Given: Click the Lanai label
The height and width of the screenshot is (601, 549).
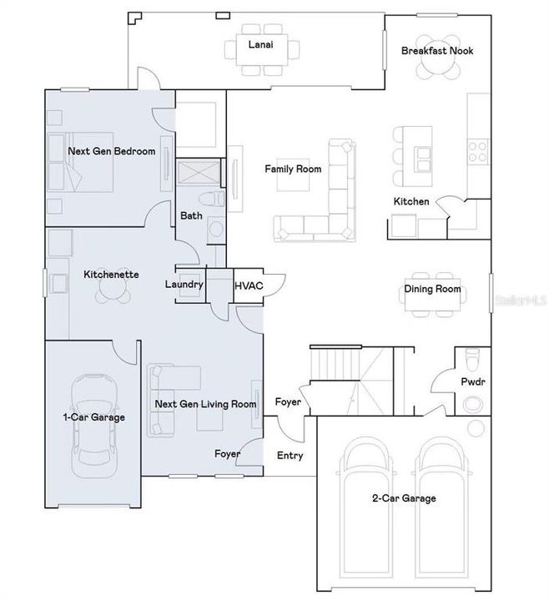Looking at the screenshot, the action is tap(260, 44).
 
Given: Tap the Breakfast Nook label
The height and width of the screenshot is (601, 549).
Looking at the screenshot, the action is tap(437, 51).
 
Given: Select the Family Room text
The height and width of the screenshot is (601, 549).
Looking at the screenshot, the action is tap(293, 169).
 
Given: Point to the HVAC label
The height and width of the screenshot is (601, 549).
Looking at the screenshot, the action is tap(249, 285).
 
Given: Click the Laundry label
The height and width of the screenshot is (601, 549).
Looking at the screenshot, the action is tap(184, 285).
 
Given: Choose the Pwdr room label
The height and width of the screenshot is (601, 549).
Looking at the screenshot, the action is tap(473, 381).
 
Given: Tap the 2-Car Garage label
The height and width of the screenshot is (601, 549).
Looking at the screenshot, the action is tap(404, 498).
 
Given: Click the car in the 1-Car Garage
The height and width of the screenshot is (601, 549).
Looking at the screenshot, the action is tap(94, 426).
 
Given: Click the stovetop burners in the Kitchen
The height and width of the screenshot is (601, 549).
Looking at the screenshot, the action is tap(478, 151).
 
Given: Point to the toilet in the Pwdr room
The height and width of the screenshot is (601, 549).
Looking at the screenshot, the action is tap(472, 357).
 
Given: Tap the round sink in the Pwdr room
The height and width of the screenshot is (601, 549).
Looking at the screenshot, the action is tap(473, 404).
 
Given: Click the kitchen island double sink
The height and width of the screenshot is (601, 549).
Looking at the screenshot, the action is tap(422, 159).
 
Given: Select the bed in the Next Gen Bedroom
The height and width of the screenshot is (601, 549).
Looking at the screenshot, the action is tap(80, 162).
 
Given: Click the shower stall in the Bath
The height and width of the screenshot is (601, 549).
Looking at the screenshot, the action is tap(199, 171).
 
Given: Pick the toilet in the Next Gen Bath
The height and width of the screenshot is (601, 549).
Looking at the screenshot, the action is tap(211, 199).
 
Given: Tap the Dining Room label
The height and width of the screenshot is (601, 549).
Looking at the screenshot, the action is tap(432, 289).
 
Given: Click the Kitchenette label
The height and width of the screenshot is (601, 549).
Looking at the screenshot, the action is tap(111, 275).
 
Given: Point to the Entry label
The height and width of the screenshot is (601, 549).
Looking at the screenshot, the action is tap(290, 456).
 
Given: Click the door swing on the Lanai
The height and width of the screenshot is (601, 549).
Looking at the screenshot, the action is tap(148, 78).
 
